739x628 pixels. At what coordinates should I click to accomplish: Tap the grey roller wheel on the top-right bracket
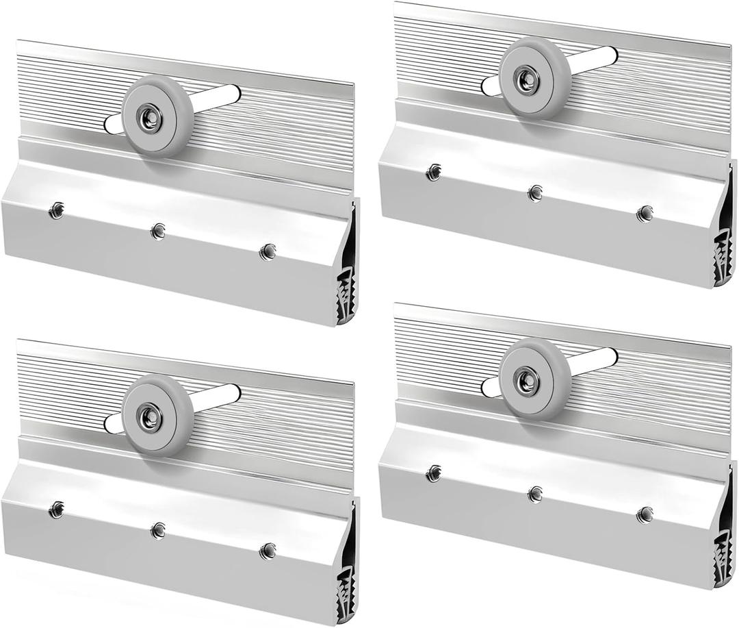[526, 77]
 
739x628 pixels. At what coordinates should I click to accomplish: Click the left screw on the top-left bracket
[57, 210]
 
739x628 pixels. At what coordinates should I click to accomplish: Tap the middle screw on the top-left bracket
[159, 231]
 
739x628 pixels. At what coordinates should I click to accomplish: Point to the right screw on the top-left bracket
[268, 252]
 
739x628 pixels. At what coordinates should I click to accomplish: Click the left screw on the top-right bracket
[432, 172]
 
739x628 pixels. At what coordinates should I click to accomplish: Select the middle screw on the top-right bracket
[535, 193]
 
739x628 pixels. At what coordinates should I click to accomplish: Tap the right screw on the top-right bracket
[645, 214]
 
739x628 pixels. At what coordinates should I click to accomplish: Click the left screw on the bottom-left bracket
[57, 507]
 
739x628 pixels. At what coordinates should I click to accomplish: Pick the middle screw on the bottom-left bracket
[159, 529]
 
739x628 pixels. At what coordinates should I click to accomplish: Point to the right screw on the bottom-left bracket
[268, 550]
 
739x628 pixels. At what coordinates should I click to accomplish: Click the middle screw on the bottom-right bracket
[535, 492]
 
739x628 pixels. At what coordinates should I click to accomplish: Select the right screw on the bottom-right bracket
[645, 514]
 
